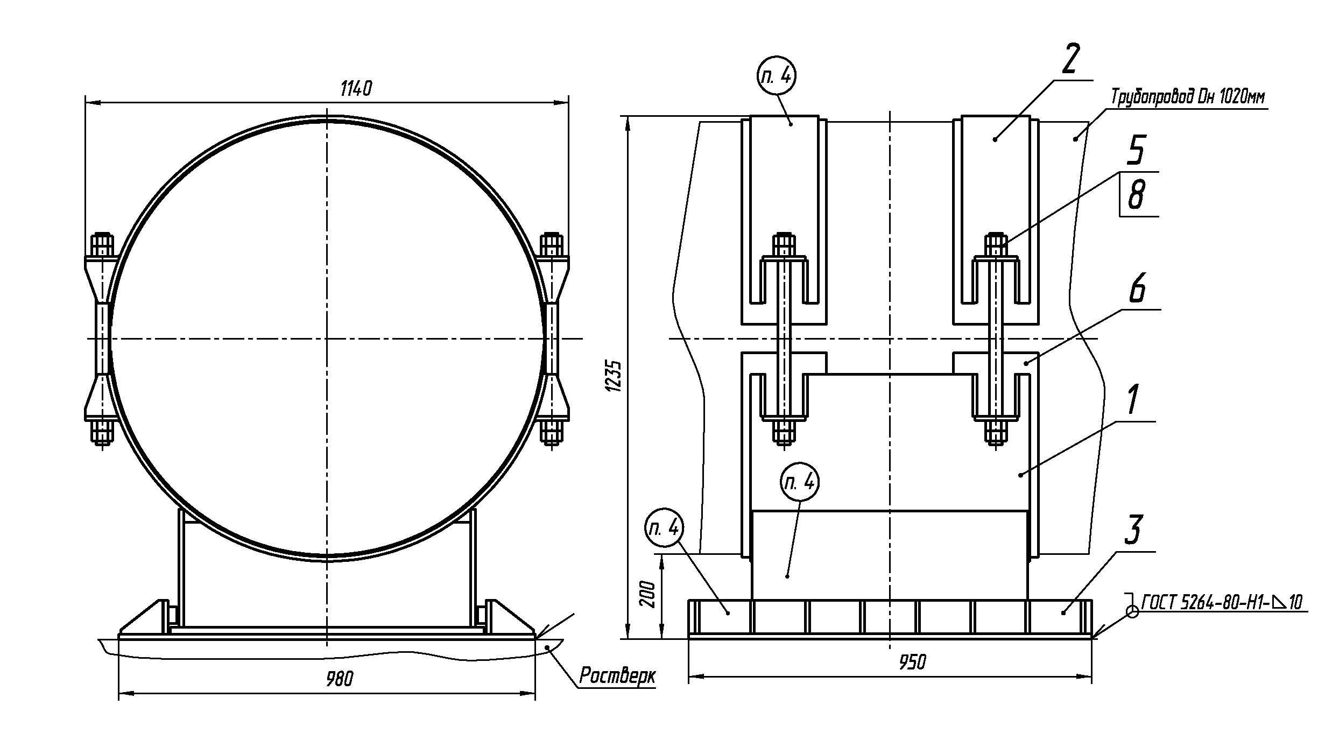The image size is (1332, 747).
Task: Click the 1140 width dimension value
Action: tap(356, 89)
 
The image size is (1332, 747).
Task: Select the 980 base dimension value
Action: tap(340, 680)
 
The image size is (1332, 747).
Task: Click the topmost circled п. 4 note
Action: tap(777, 76)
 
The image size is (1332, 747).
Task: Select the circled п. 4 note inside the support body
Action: tap(800, 481)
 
